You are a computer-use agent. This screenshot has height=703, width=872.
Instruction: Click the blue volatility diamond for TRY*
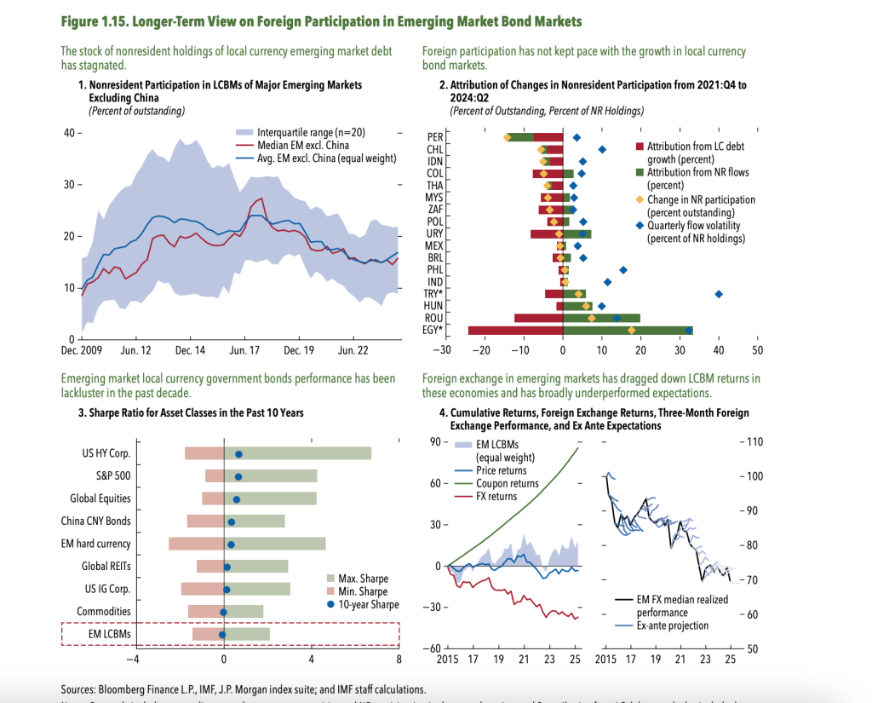click(x=719, y=294)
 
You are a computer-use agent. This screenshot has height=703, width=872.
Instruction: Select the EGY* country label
click(x=433, y=330)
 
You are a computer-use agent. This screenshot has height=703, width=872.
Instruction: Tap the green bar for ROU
click(x=601, y=318)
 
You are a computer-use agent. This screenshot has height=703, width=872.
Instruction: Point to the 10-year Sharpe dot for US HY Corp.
click(x=238, y=454)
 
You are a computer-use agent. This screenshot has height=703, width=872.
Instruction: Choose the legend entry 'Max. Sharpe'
click(x=362, y=578)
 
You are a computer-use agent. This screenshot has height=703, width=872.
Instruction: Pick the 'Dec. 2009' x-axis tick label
click(x=82, y=350)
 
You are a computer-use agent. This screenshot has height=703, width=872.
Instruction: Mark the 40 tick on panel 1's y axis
click(x=68, y=133)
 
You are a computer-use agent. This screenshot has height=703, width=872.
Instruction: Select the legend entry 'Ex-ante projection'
click(x=672, y=625)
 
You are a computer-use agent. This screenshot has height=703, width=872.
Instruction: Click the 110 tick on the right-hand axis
click(x=755, y=441)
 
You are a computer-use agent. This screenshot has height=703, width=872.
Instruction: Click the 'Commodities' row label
click(x=103, y=611)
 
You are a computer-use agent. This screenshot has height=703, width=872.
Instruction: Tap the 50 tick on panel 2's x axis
click(x=758, y=350)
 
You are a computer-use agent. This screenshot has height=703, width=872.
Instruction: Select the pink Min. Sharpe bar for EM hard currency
click(x=196, y=544)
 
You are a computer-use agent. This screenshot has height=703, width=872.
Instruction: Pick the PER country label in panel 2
click(x=434, y=136)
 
